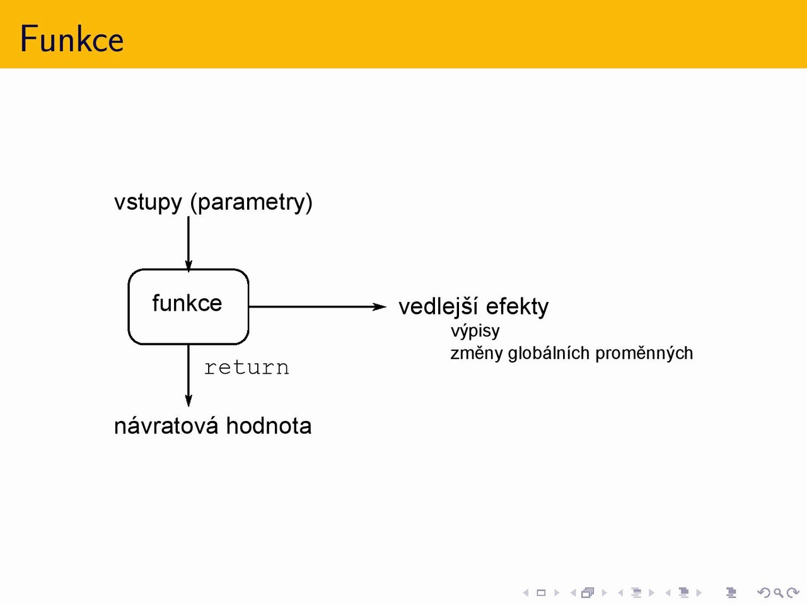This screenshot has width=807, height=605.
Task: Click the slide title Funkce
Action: tap(72, 38)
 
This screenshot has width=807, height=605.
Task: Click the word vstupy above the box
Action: tap(148, 203)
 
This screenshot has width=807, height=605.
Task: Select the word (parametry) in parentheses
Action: tap(252, 203)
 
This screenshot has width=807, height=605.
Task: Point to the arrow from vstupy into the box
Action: tap(189, 245)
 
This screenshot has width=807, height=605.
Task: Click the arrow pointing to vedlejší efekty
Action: tap(317, 306)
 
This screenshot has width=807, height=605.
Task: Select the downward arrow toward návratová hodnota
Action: tap(189, 376)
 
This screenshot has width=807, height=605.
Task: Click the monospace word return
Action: tap(247, 367)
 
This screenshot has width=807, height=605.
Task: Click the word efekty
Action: tap(517, 307)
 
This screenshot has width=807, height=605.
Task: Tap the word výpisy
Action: tap(475, 331)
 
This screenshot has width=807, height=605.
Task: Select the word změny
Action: tap(477, 354)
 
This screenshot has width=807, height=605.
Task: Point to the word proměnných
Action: tap(644, 354)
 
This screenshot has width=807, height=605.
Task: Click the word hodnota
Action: tap(269, 426)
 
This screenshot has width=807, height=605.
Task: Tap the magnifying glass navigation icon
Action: tap(778, 592)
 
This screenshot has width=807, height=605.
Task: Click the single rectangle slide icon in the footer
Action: tap(541, 592)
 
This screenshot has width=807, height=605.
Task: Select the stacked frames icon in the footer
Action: tap(588, 592)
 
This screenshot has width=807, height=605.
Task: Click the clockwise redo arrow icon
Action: tap(792, 592)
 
